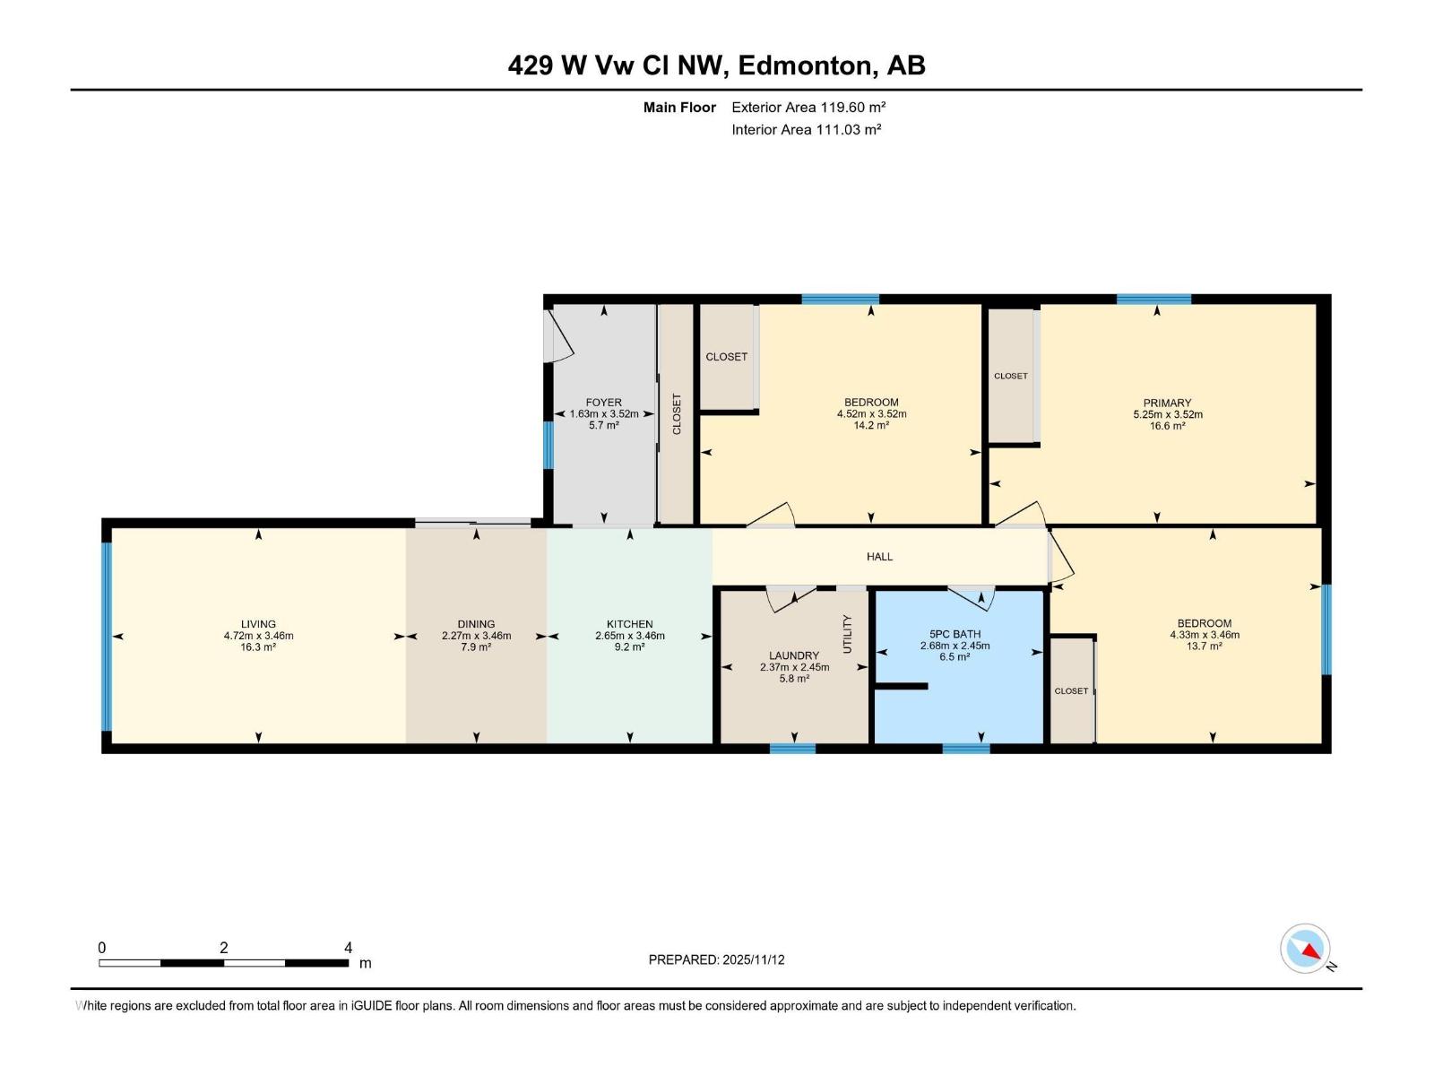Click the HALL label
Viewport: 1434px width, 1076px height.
(879, 557)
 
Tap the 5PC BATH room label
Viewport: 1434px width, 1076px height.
(955, 634)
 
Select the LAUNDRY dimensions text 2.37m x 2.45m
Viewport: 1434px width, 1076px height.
(794, 667)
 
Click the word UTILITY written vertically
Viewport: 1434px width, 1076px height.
(847, 634)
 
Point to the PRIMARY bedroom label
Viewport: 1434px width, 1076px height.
(1167, 403)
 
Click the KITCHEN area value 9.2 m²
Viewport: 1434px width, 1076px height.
(629, 646)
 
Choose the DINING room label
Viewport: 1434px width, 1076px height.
(476, 624)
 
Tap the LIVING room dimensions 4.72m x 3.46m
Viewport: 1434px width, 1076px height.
(258, 636)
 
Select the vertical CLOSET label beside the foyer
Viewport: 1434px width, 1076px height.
(677, 414)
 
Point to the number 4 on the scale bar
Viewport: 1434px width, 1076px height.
(348, 948)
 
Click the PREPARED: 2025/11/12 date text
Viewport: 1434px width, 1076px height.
(716, 959)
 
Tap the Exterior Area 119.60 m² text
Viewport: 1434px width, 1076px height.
(808, 107)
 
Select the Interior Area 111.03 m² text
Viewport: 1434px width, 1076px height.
(806, 129)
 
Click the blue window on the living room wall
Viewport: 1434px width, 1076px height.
(107, 636)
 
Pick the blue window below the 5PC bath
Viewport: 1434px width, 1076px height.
(965, 748)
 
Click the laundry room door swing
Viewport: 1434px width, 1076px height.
(789, 598)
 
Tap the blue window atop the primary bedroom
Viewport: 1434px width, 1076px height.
(1153, 299)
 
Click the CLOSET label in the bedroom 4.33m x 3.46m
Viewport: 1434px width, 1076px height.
(1071, 691)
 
